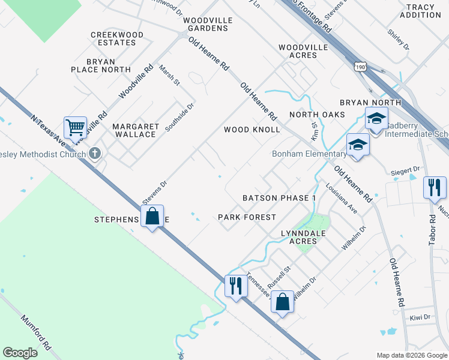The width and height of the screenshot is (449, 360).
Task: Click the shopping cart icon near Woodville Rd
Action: pyautogui.click(x=75, y=127)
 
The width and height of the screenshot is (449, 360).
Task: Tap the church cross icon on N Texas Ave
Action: pyautogui.click(x=94, y=154)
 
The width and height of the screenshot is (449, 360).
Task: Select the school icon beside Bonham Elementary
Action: pyautogui.click(x=357, y=146)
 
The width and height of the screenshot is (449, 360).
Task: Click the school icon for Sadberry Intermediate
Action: pyautogui.click(x=376, y=119)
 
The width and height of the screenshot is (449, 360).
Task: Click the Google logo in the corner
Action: pyautogui.click(x=20, y=353)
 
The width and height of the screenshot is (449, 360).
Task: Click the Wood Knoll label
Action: pyautogui.click(x=252, y=130)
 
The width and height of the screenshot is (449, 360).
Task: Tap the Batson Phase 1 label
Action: pyautogui.click(x=279, y=198)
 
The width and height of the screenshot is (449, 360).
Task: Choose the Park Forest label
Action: pyautogui.click(x=247, y=217)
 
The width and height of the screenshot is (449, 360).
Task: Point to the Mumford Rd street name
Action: pyautogui.click(x=36, y=333)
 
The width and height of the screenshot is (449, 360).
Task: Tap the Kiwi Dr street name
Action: pyautogui.click(x=420, y=317)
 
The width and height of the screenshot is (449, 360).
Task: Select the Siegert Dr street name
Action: pyautogui.click(x=405, y=170)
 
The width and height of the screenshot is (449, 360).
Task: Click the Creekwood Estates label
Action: pyautogui.click(x=117, y=39)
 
